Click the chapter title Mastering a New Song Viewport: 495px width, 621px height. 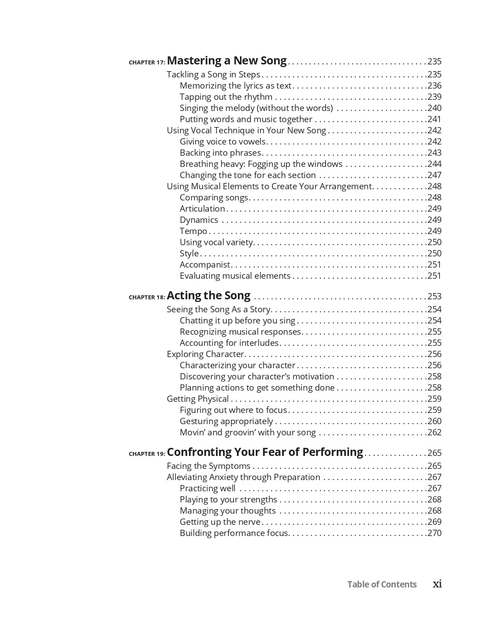click(x=227, y=60)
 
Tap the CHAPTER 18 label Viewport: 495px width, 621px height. click(x=147, y=297)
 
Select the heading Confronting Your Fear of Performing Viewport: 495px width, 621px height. click(x=265, y=452)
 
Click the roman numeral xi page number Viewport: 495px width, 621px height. click(x=437, y=583)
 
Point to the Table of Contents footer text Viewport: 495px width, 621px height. click(x=382, y=584)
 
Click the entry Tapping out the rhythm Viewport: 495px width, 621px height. click(x=226, y=97)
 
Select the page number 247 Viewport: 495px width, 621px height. click(x=434, y=175)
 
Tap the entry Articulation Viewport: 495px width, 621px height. click(x=202, y=208)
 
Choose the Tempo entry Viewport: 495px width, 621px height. click(x=193, y=231)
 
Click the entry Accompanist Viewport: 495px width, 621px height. click(x=205, y=264)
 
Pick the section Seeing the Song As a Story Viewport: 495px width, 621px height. click(x=218, y=309)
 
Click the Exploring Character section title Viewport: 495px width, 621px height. click(x=205, y=354)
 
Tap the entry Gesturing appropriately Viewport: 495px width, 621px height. click(x=226, y=421)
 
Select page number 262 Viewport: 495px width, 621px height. click(x=434, y=432)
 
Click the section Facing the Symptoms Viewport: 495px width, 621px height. click(x=208, y=466)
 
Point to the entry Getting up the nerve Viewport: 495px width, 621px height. click(x=220, y=522)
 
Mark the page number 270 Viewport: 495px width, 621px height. click(x=434, y=533)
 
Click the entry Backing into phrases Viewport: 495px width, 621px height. click(x=220, y=153)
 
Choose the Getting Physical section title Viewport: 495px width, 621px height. click(x=198, y=399)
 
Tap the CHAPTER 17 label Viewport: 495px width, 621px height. click(x=147, y=62)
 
